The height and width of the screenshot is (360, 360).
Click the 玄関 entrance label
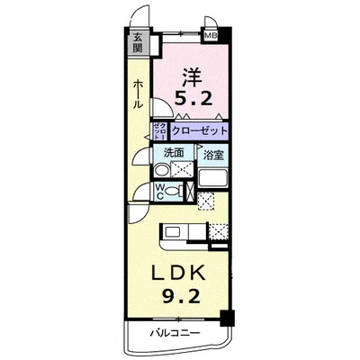[138, 42]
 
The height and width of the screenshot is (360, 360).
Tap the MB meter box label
[211, 36]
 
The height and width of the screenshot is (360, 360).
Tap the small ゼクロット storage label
[158, 130]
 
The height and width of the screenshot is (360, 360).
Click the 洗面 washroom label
[175, 153]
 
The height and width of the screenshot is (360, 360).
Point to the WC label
[159, 189]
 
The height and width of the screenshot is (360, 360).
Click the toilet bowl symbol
[173, 191]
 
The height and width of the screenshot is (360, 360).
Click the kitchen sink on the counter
[173, 235]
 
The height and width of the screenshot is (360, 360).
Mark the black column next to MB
[225, 35]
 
